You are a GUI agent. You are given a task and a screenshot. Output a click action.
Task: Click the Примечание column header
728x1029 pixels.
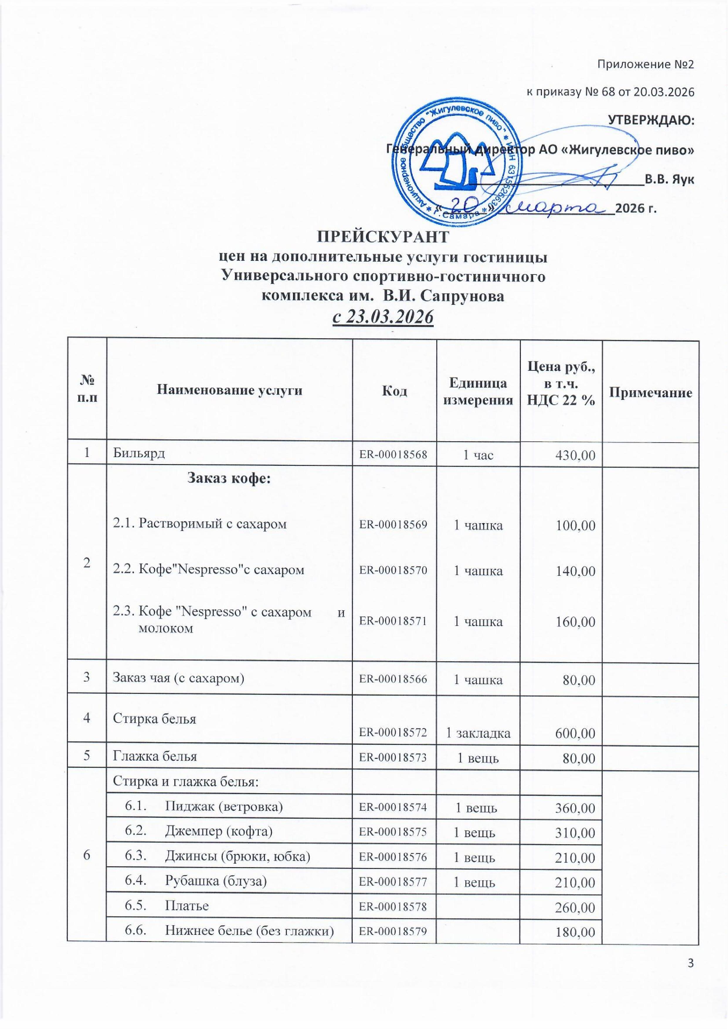pos(650,393)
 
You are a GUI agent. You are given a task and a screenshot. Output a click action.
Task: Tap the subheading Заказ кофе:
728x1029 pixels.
pos(229,478)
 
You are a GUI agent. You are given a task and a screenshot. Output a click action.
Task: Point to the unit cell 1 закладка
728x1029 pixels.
pos(478,733)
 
